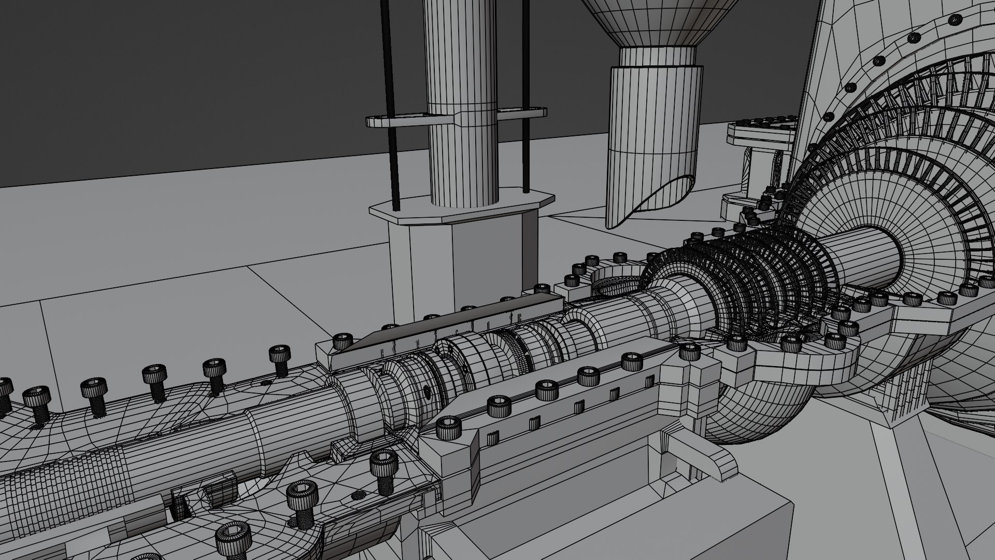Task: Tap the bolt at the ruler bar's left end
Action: click(342, 341)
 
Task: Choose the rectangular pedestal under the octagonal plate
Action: click(466, 264)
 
